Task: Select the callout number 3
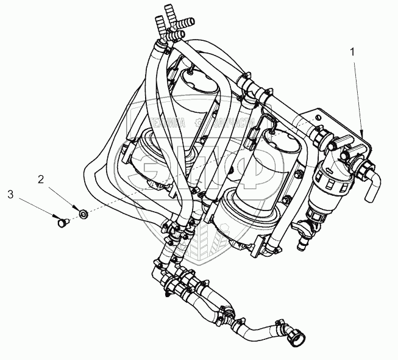click(10, 195)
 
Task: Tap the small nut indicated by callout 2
click(83, 212)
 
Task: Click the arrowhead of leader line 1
click(362, 134)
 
